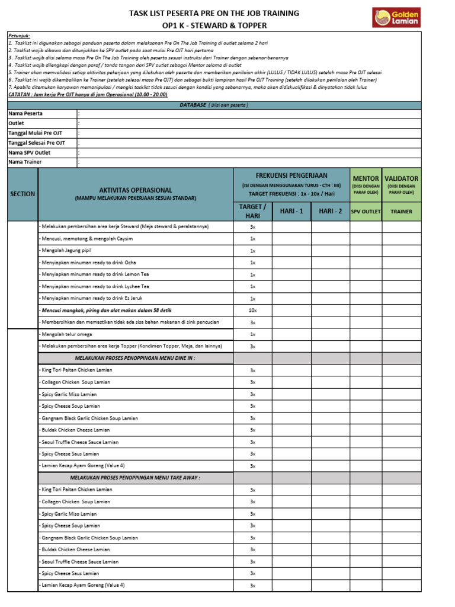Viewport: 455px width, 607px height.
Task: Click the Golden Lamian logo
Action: click(x=395, y=17)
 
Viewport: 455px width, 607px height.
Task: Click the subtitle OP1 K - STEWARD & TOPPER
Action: click(x=214, y=25)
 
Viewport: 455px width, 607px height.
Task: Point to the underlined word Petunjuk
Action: click(x=19, y=36)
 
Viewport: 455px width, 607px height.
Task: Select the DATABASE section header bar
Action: click(x=214, y=105)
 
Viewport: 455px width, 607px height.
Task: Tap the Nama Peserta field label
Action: click(x=25, y=113)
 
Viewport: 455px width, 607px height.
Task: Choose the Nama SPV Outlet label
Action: click(x=30, y=152)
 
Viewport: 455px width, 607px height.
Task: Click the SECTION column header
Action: click(x=23, y=194)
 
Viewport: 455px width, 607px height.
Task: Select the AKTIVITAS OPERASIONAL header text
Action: click(x=136, y=190)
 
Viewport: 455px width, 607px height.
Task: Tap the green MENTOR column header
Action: click(x=366, y=178)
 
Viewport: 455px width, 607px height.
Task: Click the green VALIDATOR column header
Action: click(x=401, y=178)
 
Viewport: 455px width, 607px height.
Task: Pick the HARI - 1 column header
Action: click(x=291, y=211)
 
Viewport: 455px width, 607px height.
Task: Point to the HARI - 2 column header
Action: click(x=331, y=211)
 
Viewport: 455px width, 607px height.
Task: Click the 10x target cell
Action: click(x=252, y=311)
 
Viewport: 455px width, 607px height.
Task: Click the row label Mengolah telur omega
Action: click(x=66, y=334)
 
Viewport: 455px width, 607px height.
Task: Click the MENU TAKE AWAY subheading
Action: click(x=135, y=477)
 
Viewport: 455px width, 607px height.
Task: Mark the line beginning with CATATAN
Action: click(x=88, y=94)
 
